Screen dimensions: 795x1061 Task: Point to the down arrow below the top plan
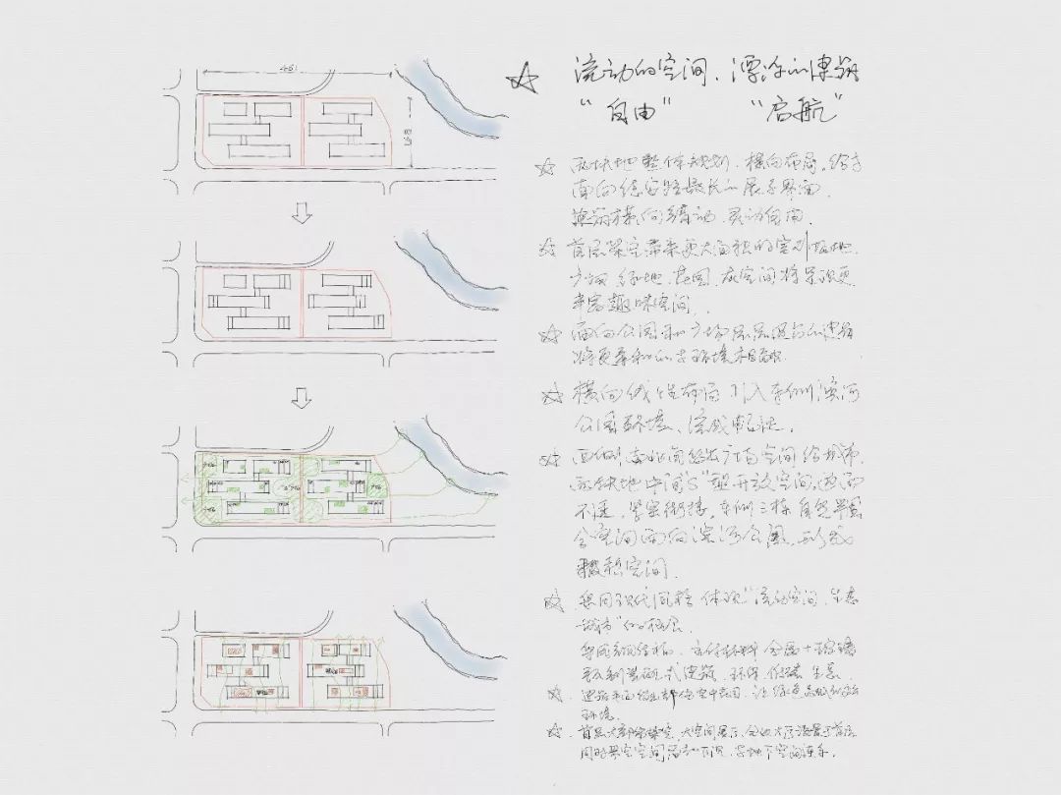pyautogui.click(x=303, y=215)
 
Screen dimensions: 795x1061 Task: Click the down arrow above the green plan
pyautogui.click(x=303, y=397)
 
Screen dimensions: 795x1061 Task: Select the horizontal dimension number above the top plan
pyautogui.click(x=289, y=69)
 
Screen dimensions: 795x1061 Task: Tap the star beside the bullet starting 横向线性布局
pyautogui.click(x=550, y=397)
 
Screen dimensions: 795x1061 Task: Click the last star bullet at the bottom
pyautogui.click(x=557, y=732)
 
